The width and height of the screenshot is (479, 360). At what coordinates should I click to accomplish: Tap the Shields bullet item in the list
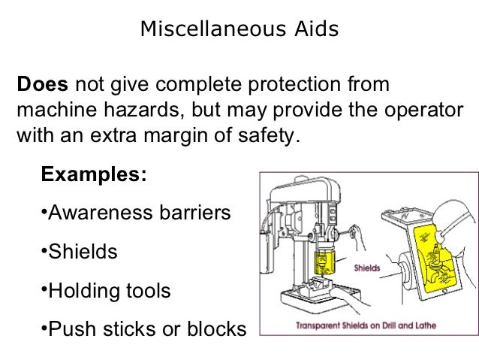[x=81, y=251]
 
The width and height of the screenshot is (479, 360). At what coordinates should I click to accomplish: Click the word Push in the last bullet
[x=71, y=328]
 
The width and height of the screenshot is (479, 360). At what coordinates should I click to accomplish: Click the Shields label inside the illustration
[x=366, y=268]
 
